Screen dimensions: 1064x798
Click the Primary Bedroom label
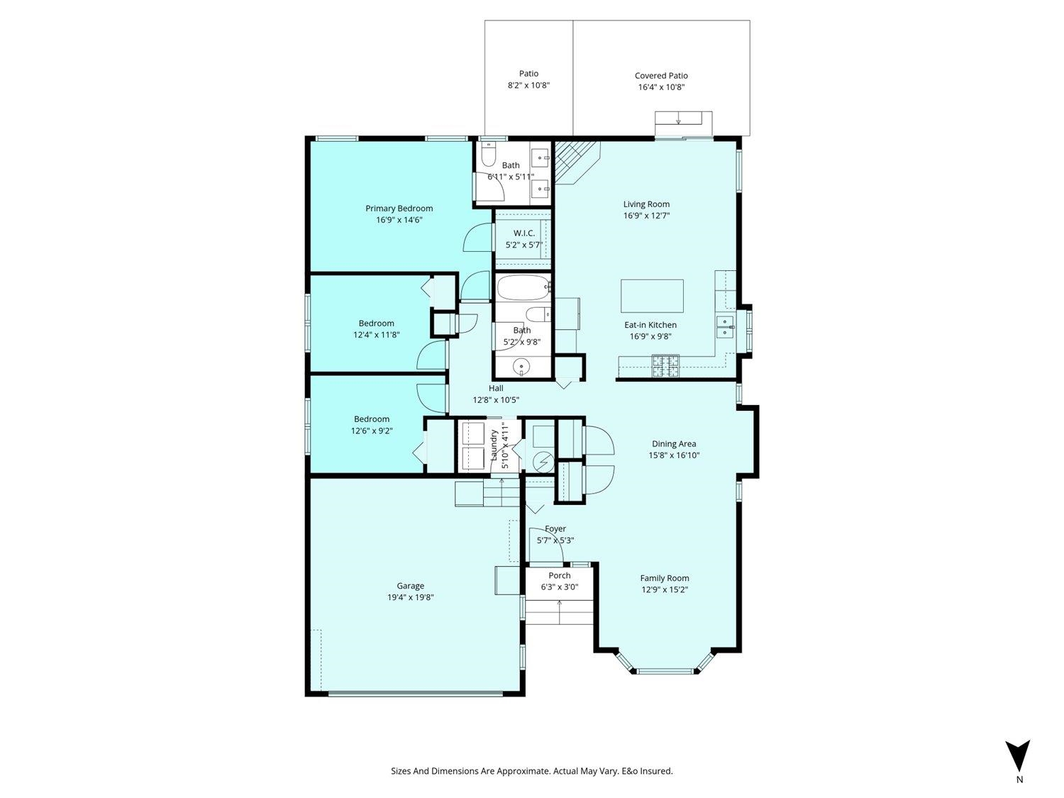coord(399,209)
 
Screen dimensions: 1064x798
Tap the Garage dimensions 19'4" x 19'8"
coord(410,597)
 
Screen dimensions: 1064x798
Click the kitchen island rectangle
coord(652,296)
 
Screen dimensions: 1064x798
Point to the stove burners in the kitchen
coord(665,366)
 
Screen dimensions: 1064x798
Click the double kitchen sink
coord(725,327)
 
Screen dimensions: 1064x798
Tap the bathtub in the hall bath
coord(523,288)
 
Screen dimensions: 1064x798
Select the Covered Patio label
coord(661,76)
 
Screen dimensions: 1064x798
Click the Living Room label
coord(646,204)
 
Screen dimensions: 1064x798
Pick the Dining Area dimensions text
coord(674,455)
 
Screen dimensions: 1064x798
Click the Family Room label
coord(664,578)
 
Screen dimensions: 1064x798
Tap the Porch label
coord(560,575)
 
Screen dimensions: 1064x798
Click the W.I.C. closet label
coord(524,233)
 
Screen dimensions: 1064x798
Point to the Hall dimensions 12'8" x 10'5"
coord(496,400)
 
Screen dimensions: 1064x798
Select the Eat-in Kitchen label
coord(650,325)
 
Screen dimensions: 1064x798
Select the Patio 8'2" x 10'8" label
coord(528,79)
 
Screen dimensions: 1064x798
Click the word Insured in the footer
coord(655,771)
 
